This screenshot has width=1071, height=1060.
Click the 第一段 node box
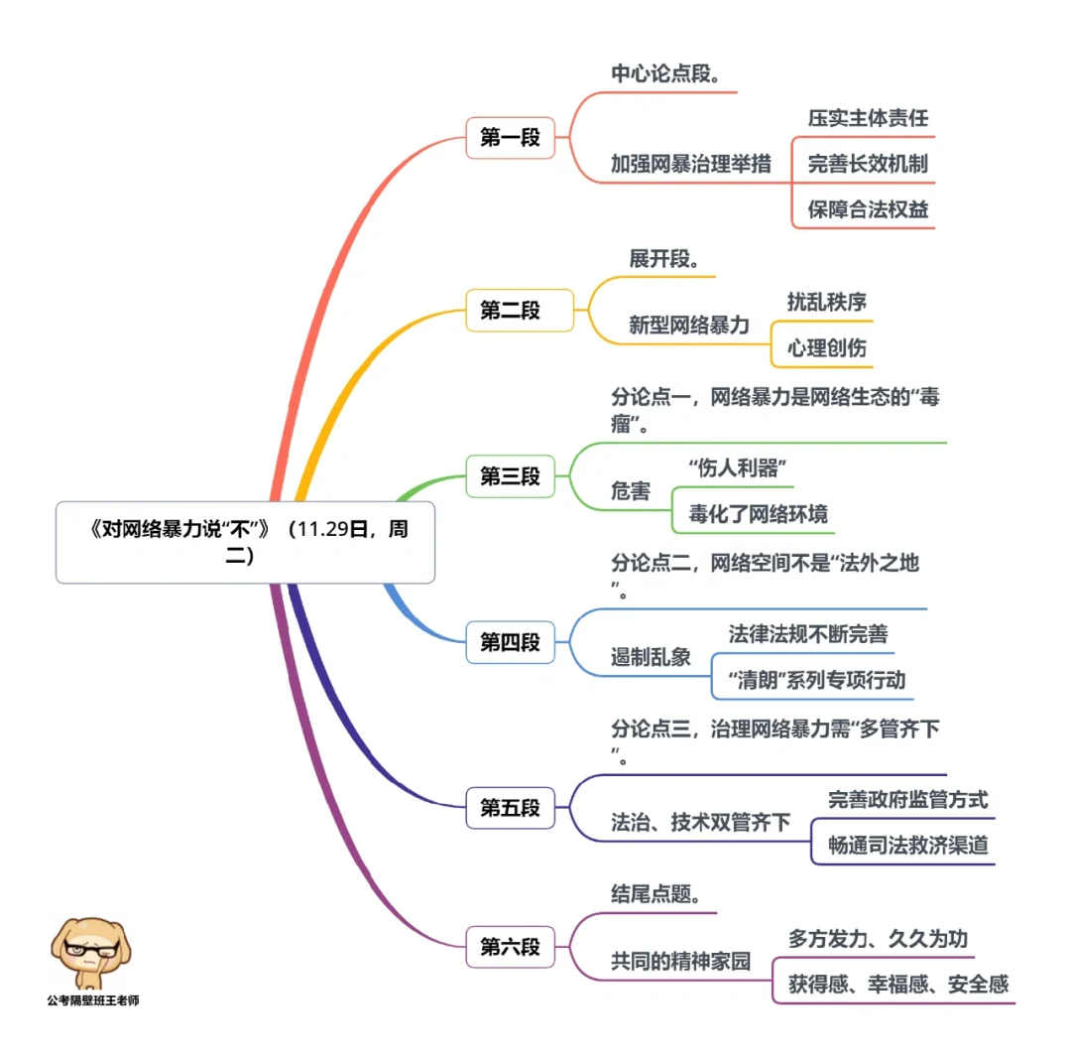tap(510, 138)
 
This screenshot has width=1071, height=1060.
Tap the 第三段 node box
tap(510, 476)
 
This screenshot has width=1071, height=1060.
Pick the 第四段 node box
tap(510, 642)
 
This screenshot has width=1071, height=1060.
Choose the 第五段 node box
tap(510, 808)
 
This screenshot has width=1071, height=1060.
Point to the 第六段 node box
tap(510, 947)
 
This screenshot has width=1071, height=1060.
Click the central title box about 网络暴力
tap(245, 543)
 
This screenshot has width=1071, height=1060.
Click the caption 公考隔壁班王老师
tap(92, 1000)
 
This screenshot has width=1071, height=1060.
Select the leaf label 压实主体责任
tap(868, 118)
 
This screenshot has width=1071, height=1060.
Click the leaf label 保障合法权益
tap(868, 209)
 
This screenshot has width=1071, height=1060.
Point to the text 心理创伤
tap(826, 347)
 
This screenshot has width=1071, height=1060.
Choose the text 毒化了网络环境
tap(758, 514)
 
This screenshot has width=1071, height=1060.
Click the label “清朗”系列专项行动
tap(815, 681)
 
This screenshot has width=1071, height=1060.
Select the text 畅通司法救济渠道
tap(907, 846)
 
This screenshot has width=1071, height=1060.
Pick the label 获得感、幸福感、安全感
tap(897, 985)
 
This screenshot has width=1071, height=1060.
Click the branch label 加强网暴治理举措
tap(690, 164)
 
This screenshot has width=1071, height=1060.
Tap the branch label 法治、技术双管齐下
tap(700, 823)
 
